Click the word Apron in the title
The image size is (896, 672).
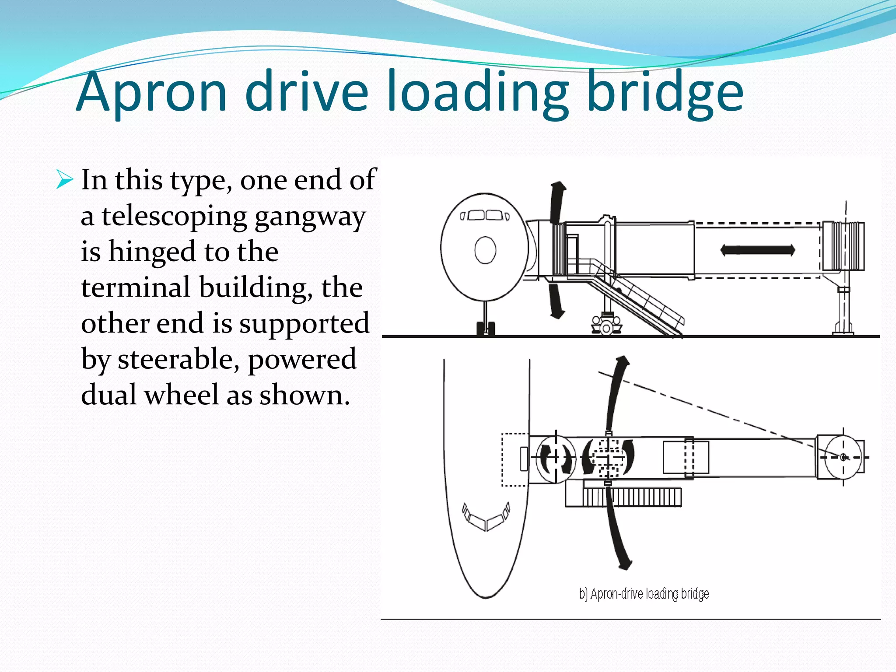[x=152, y=92]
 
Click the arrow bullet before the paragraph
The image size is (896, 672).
[x=64, y=180]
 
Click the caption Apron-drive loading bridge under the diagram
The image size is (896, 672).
[x=644, y=594]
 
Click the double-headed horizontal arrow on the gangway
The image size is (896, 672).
[x=758, y=250]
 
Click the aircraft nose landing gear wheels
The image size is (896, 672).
[x=486, y=329]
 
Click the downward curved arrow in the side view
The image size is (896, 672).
[x=556, y=301]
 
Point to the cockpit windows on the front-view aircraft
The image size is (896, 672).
[x=485, y=216]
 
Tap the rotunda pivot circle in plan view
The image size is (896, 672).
[x=843, y=458]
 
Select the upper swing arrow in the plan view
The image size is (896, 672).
[x=617, y=394]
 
